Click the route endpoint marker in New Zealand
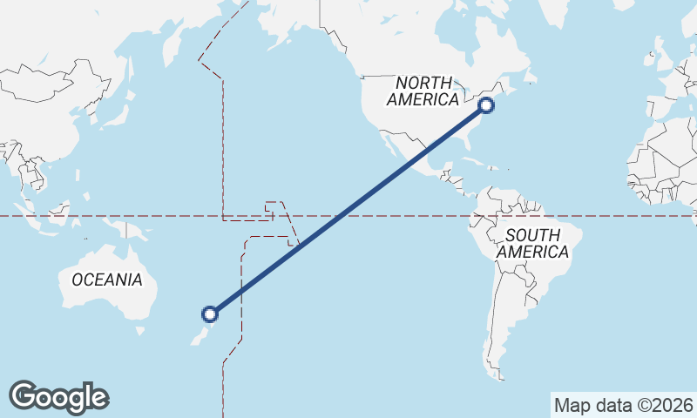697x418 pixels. coord(209,313)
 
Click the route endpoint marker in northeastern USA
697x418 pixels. coord(486,106)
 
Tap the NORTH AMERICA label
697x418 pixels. coord(423,91)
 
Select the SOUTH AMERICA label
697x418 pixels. coord(532,243)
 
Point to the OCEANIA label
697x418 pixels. coord(106,280)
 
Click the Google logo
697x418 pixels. coord(59,396)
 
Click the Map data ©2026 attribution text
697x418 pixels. coord(623,405)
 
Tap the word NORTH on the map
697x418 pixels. coord(423,83)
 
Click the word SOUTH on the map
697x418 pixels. coord(532,234)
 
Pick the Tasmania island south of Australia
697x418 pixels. coord(139,331)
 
